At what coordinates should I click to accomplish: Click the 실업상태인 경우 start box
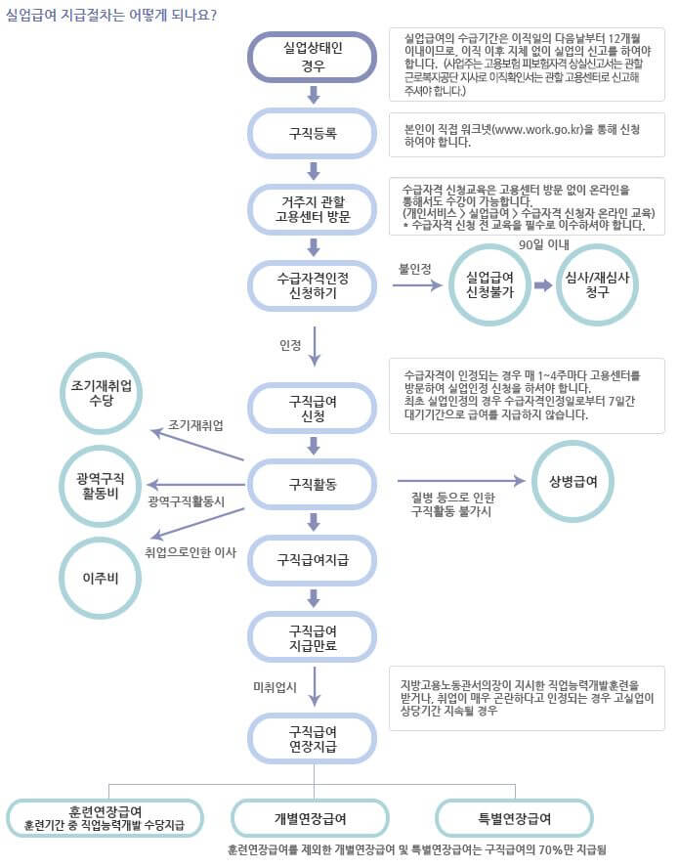tap(313, 56)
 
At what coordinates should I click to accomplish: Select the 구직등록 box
tap(313, 134)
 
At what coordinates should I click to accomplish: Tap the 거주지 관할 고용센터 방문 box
tap(313, 209)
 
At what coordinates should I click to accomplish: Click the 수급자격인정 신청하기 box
tap(313, 285)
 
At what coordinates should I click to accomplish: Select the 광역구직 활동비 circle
tap(101, 483)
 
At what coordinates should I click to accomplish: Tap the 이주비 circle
tap(101, 578)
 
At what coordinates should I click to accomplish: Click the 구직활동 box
tap(313, 483)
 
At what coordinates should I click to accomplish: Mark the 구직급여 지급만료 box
tap(313, 636)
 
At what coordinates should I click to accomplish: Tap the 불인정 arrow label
tap(414, 269)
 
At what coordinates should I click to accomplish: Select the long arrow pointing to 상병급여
tap(459, 481)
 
